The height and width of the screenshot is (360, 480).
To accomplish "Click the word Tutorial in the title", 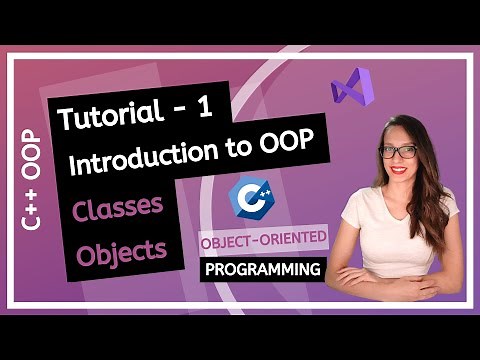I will click(103, 119).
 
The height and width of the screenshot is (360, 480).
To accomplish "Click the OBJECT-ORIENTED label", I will click(263, 242).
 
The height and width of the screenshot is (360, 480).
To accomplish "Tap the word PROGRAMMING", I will click(264, 269).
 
